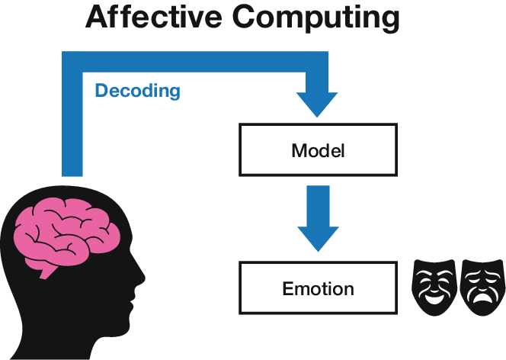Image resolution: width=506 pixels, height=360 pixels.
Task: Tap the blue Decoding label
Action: click(x=137, y=91)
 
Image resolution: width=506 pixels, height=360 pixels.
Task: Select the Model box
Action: click(x=318, y=149)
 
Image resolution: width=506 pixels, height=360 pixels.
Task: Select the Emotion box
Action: click(x=318, y=289)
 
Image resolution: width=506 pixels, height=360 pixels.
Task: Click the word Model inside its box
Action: click(x=318, y=150)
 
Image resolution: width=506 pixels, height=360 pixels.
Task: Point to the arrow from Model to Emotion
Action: click(x=318, y=218)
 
